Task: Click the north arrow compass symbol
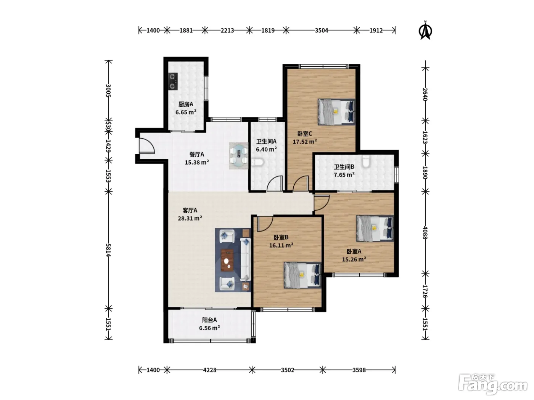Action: [425, 30]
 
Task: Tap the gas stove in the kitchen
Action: [173, 82]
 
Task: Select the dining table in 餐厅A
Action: [238, 156]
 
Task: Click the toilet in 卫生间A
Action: [257, 163]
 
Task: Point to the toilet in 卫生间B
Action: [366, 162]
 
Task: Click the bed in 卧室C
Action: [336, 112]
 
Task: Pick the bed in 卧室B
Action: [302, 275]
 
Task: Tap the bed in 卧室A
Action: [375, 229]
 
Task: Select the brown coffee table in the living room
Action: [227, 260]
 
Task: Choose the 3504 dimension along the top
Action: [322, 30]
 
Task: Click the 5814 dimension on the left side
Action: [108, 250]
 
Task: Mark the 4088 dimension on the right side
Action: [425, 233]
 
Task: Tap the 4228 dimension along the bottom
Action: [209, 370]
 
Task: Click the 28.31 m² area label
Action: [190, 218]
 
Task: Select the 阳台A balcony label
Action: [209, 320]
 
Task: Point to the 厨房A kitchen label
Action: [186, 104]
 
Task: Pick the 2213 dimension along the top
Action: [227, 30]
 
